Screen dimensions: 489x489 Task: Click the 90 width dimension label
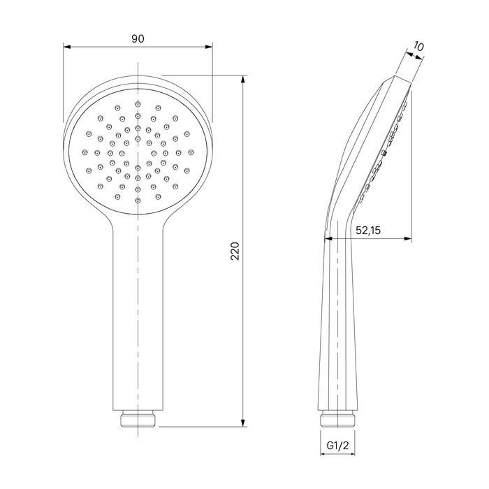tap(138, 39)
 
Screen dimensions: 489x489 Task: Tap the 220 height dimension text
tap(235, 251)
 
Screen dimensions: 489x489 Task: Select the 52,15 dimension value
tap(368, 231)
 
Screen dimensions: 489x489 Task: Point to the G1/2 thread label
tap(337, 446)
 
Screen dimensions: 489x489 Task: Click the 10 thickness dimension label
tap(418, 47)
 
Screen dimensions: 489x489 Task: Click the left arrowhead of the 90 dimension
tap(67, 47)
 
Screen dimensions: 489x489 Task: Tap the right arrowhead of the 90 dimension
tap(208, 47)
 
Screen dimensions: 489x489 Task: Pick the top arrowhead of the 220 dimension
tap(243, 80)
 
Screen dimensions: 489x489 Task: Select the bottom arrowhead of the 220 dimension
tap(243, 422)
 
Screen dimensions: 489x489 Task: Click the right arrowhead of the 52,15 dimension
tap(407, 239)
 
